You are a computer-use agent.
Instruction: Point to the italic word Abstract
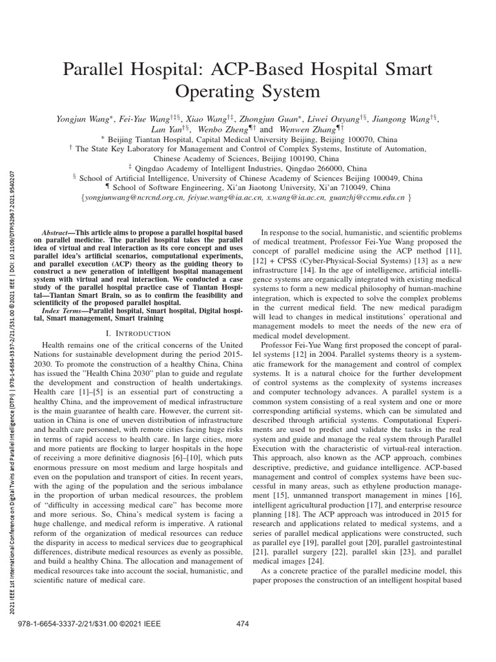[x=54, y=231]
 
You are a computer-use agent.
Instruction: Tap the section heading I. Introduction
[x=138, y=333]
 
